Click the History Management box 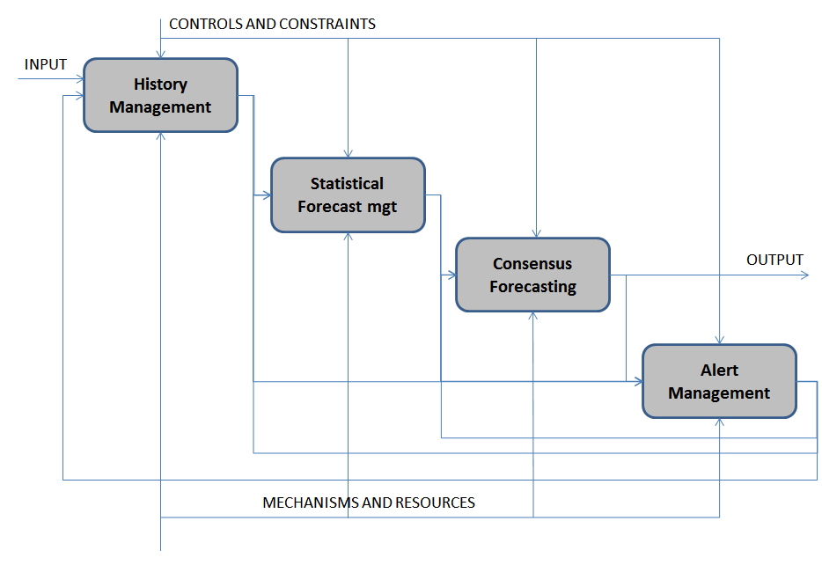click(160, 95)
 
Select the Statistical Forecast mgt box click(348, 194)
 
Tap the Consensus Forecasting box click(532, 275)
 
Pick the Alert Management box click(719, 381)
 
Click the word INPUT click(46, 65)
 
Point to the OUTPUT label click(774, 260)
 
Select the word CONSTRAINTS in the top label click(327, 24)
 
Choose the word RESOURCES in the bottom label click(435, 503)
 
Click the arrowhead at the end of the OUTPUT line click(804, 275)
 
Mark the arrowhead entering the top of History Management click(160, 55)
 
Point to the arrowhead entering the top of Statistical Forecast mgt click(348, 153)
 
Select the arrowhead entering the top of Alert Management click(720, 341)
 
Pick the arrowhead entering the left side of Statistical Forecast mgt click(266, 195)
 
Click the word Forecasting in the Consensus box click(532, 287)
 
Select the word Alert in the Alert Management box click(719, 371)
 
